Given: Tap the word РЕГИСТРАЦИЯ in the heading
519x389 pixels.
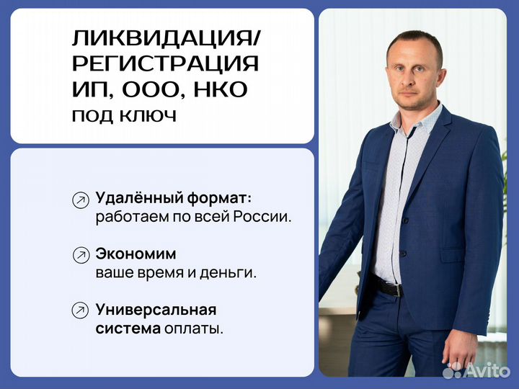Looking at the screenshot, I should coord(165,63).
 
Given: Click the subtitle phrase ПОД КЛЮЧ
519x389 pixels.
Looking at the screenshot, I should coord(123,115).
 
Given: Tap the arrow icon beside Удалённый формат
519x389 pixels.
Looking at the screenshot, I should coord(81,200).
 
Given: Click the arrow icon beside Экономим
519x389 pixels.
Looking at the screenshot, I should coord(81,256).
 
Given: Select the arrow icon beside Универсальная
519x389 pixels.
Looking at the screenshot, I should coord(81,311).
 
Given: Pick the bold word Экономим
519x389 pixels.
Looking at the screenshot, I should coord(136,254).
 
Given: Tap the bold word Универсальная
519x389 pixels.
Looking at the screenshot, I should coord(156,310).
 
